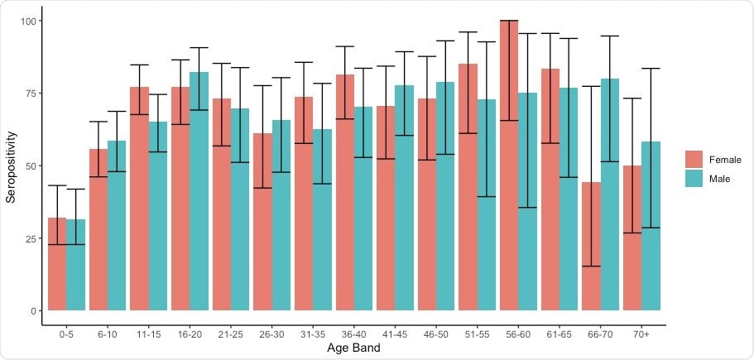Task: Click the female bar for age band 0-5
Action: [57, 265]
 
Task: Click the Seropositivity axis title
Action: [11, 166]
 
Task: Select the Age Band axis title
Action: [353, 349]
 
